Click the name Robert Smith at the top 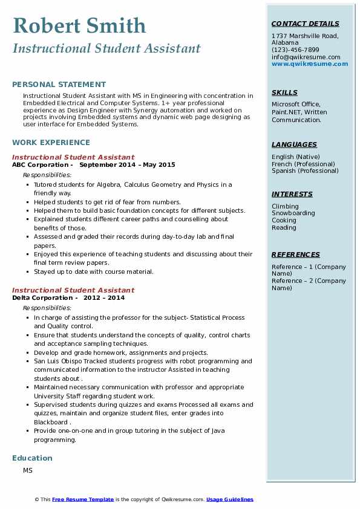79,25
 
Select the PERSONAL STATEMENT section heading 59,85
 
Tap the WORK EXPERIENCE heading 51,143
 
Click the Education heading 32,458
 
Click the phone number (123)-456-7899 295,50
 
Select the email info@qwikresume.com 306,57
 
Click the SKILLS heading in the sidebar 284,92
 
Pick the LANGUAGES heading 294,144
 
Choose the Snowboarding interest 293,213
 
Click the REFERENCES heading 295,254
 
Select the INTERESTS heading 292,194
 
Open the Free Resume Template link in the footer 83,499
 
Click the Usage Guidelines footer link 229,499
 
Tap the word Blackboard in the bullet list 51,422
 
